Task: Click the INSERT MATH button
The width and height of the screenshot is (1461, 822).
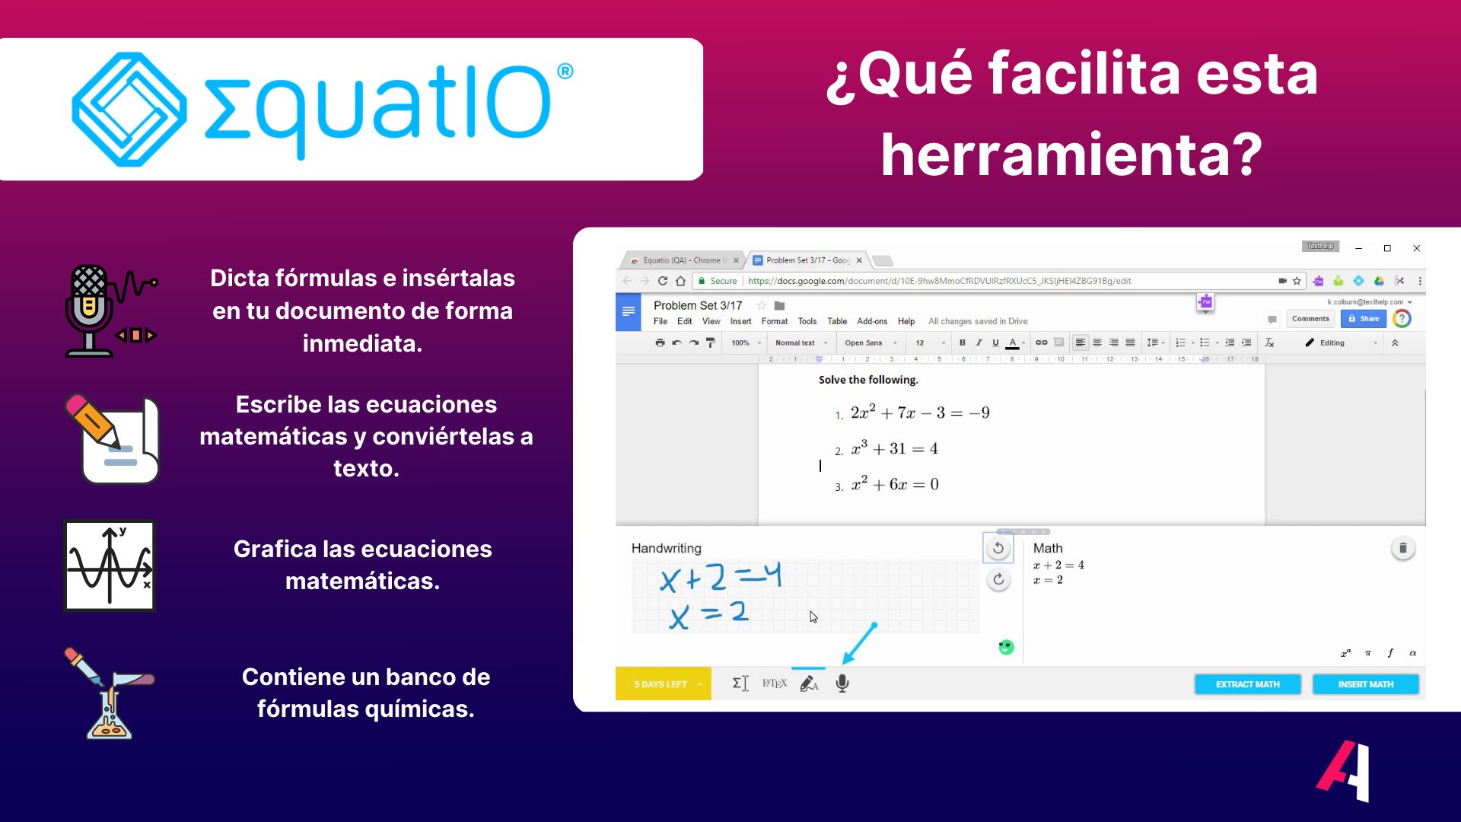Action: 1365,684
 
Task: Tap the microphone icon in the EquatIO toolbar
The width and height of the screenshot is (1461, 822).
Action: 842,683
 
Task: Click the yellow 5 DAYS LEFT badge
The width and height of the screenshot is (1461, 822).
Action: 663,684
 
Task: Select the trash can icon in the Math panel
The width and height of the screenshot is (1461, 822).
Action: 1402,548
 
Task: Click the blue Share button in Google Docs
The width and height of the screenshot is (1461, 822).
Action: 1363,319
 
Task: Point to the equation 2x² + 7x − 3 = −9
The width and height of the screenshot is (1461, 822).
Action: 919,413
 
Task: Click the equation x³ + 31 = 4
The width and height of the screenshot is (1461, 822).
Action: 894,448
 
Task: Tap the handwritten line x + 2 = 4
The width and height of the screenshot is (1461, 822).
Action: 720,578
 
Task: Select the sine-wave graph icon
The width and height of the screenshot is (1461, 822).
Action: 110,566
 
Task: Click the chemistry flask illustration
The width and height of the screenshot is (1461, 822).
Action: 110,693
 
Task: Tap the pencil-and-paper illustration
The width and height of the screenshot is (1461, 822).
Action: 113,438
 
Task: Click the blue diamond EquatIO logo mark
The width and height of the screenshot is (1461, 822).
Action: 129,109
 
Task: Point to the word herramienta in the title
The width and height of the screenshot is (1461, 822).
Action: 1071,155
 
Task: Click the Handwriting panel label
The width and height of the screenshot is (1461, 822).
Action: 666,548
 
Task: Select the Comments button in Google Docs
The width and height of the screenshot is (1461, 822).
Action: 1310,319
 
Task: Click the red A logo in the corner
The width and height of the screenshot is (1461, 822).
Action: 1344,771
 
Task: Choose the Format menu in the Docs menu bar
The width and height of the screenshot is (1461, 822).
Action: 774,321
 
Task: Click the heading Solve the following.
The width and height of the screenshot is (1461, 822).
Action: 868,380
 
